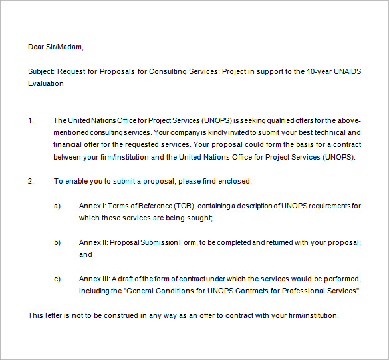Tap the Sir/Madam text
tap(65, 47)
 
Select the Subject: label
tap(41, 71)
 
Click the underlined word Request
tap(72, 71)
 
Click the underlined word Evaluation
tap(46, 83)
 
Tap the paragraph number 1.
tap(31, 120)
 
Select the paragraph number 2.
tap(31, 181)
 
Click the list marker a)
tap(57, 206)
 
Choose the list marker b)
tap(57, 242)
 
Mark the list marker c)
tap(57, 279)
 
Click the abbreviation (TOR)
tap(185, 206)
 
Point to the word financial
tap(68, 144)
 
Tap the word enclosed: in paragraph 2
tap(235, 181)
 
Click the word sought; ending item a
tap(199, 218)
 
